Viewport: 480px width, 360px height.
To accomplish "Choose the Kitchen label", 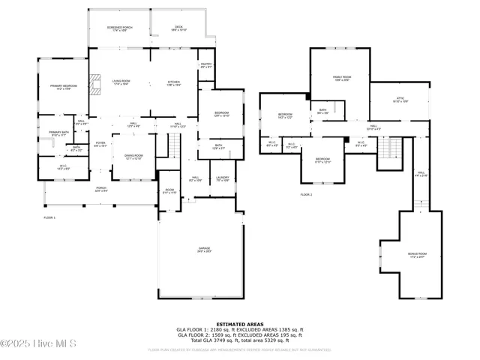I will coord(174,83).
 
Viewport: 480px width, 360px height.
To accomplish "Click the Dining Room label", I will coord(133,157).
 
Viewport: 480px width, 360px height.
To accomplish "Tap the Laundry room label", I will coord(223,179).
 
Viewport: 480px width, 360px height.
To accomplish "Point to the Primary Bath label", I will coord(58,134).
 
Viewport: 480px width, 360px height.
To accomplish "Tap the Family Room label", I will coord(342,79).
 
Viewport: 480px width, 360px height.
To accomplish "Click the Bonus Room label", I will coord(417,256).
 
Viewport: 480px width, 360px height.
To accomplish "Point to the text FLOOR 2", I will coord(306,194).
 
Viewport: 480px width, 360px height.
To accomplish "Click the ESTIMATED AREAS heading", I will coord(239,324).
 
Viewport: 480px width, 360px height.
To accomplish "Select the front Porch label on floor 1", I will coord(101,190).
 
